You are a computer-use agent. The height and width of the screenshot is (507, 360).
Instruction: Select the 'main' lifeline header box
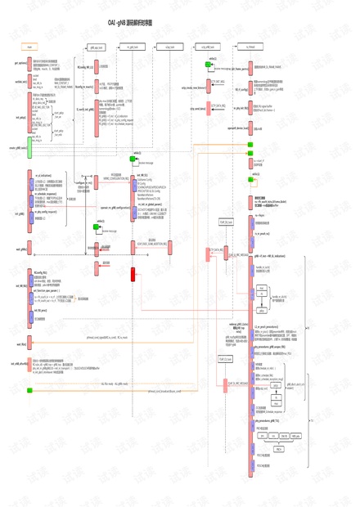click(x=29, y=47)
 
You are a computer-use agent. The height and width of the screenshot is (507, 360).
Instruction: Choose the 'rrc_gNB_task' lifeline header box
click(x=133, y=47)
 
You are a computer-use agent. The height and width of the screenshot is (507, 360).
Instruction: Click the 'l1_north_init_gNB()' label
click(x=86, y=109)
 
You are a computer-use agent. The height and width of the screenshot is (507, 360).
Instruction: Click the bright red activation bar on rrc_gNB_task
click(x=133, y=274)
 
